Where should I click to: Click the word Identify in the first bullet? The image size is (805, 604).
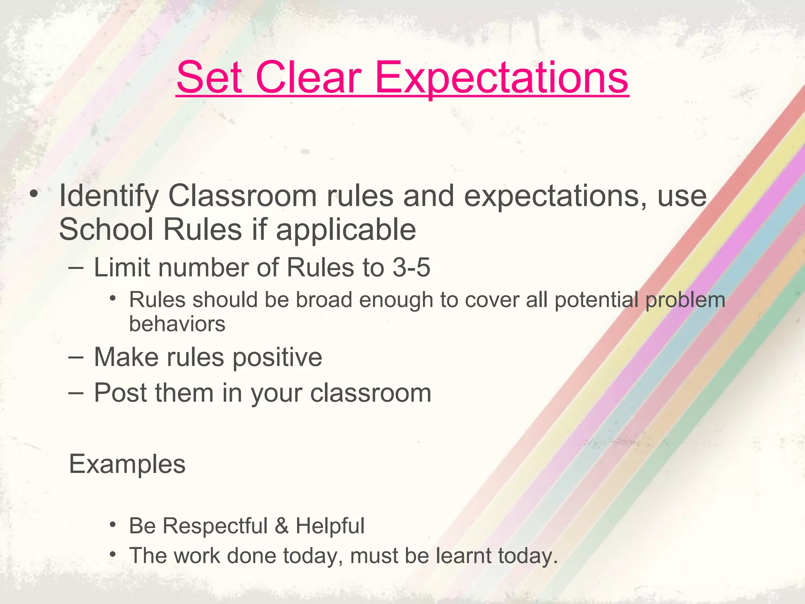(x=108, y=196)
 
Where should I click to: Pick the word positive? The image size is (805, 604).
(x=278, y=357)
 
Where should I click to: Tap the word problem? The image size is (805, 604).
(x=685, y=300)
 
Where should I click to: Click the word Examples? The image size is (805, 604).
(x=127, y=464)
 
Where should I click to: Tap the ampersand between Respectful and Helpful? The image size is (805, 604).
(x=281, y=526)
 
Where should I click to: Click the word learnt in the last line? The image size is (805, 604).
(x=463, y=556)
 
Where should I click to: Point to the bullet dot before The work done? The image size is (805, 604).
(x=113, y=554)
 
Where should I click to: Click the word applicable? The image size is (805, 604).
(x=346, y=230)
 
